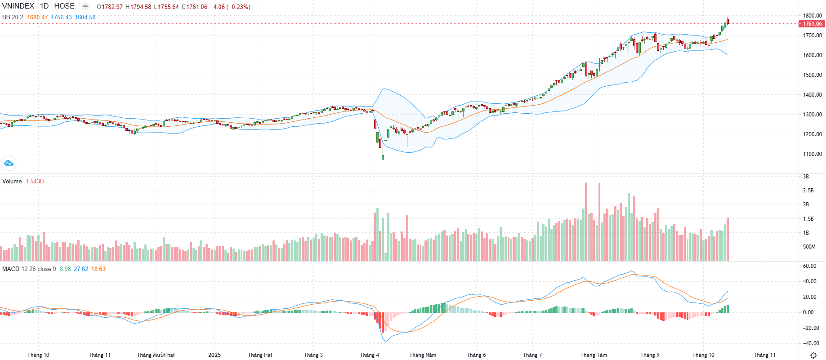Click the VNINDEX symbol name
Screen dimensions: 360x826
pos(18,6)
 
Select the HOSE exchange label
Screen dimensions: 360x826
pos(64,6)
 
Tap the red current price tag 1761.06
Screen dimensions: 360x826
pos(812,24)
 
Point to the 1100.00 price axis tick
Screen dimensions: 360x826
pos(812,154)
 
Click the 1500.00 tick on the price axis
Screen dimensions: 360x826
pos(812,75)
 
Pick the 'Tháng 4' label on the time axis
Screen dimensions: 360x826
pos(369,355)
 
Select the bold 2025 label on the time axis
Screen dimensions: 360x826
pos(214,355)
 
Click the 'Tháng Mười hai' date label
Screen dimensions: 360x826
pos(156,355)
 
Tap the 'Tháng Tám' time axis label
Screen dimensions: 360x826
pos(594,355)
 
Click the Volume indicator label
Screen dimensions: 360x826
pos(12,182)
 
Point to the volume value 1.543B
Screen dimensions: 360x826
pos(35,182)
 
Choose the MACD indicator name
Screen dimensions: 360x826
pos(11,269)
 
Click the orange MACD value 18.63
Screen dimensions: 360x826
pos(98,269)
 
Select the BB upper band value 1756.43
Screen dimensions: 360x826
pos(61,18)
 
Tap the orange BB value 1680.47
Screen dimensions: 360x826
pos(37,18)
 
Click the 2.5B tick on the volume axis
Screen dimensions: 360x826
pos(808,191)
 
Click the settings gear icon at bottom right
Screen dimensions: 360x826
pos(813,355)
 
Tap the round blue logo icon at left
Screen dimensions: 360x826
pos(9,163)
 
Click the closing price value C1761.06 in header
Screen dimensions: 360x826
pos(194,7)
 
